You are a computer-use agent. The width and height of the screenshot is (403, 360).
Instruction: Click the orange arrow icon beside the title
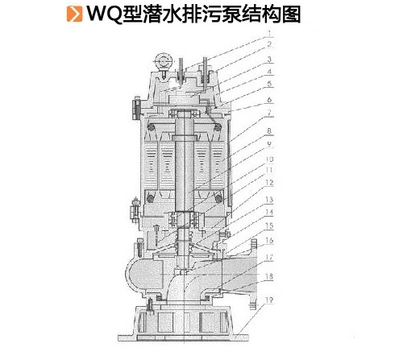(74, 13)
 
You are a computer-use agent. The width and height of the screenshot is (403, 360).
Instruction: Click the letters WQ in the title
(103, 14)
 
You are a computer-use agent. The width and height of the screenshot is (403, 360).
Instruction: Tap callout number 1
(270, 33)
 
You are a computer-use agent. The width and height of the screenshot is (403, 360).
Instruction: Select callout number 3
(269, 60)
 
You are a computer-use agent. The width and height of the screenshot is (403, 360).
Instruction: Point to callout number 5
(269, 84)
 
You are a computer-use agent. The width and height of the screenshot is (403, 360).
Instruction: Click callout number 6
(269, 100)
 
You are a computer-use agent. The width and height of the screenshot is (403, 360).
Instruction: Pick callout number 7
(269, 113)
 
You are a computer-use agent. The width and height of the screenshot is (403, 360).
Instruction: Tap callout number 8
(269, 131)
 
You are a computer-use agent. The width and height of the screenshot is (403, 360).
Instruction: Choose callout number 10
(269, 159)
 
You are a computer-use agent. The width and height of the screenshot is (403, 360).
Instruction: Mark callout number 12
(269, 183)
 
